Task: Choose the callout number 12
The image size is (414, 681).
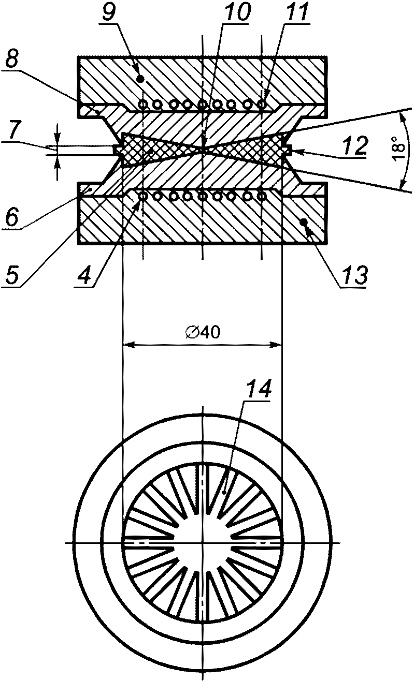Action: (x=355, y=145)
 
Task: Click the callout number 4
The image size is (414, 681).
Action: (x=84, y=275)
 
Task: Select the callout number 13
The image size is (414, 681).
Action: (x=354, y=275)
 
